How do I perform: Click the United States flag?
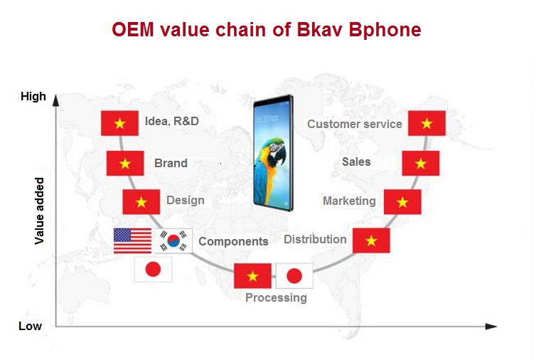point(132,240)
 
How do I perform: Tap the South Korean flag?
point(173,240)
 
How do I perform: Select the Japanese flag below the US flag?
point(153,269)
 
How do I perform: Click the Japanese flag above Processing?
point(294,276)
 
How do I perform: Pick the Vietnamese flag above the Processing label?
point(252,276)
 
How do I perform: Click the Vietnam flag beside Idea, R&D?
point(119,123)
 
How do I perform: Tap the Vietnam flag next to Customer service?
point(427,123)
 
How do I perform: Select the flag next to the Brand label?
point(125,163)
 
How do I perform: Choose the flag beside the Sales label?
point(421,163)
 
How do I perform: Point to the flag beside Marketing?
point(402,202)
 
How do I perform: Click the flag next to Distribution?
point(371,240)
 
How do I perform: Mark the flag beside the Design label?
point(141,202)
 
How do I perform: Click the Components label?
point(233,241)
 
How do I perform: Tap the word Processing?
point(276,297)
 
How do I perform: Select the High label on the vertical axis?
point(33,96)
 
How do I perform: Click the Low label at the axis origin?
point(31,326)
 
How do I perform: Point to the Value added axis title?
point(39,211)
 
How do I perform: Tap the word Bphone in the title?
point(385,29)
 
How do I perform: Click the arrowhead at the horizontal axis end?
point(491,326)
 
